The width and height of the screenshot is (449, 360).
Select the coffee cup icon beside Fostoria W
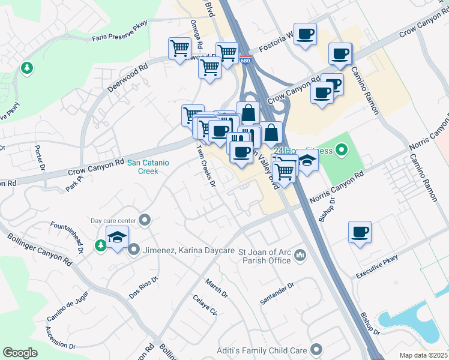[305, 34]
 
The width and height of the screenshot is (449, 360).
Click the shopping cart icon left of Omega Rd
[179, 49]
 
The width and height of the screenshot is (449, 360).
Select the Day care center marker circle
[144, 220]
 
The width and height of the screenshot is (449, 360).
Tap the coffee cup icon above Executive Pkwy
[360, 232]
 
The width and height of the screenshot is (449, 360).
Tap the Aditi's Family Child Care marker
[318, 350]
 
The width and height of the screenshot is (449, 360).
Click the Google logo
[20, 353]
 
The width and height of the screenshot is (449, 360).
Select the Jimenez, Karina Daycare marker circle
[133, 249]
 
